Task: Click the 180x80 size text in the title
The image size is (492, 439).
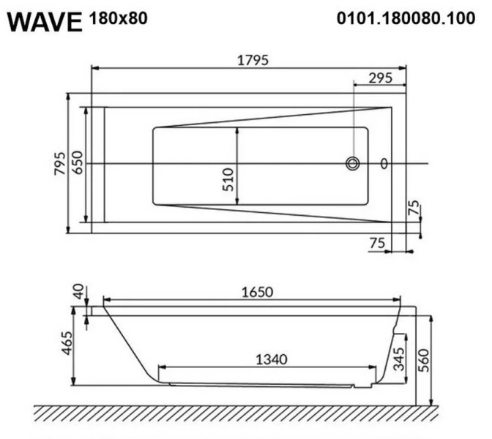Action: [x=117, y=18]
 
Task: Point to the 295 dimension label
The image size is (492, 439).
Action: [x=379, y=77]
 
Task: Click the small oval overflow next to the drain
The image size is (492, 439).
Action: [x=384, y=164]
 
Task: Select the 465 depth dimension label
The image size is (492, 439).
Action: [x=67, y=345]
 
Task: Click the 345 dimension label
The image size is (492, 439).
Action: [x=399, y=361]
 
